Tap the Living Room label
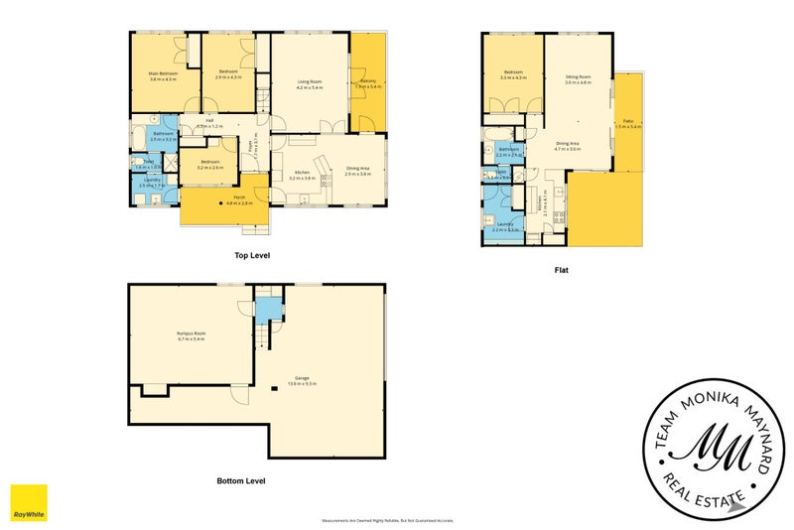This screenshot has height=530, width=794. [x=310, y=81]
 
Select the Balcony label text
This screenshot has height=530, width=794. [x=367, y=81]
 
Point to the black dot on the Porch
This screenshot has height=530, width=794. [x=221, y=202]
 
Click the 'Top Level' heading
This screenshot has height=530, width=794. [x=252, y=255]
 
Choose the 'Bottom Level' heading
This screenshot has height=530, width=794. [x=241, y=480]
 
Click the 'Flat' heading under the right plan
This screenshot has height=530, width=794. [x=562, y=268]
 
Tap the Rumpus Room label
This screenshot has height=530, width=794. [x=191, y=333]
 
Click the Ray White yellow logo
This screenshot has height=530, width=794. [x=27, y=503]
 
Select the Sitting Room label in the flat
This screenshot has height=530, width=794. [x=578, y=76]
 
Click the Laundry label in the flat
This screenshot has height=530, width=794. [x=505, y=225]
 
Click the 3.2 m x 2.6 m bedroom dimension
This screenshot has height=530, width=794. [x=209, y=168]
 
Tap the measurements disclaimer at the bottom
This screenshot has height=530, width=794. [x=387, y=520]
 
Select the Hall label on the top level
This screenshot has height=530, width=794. [x=209, y=122]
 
